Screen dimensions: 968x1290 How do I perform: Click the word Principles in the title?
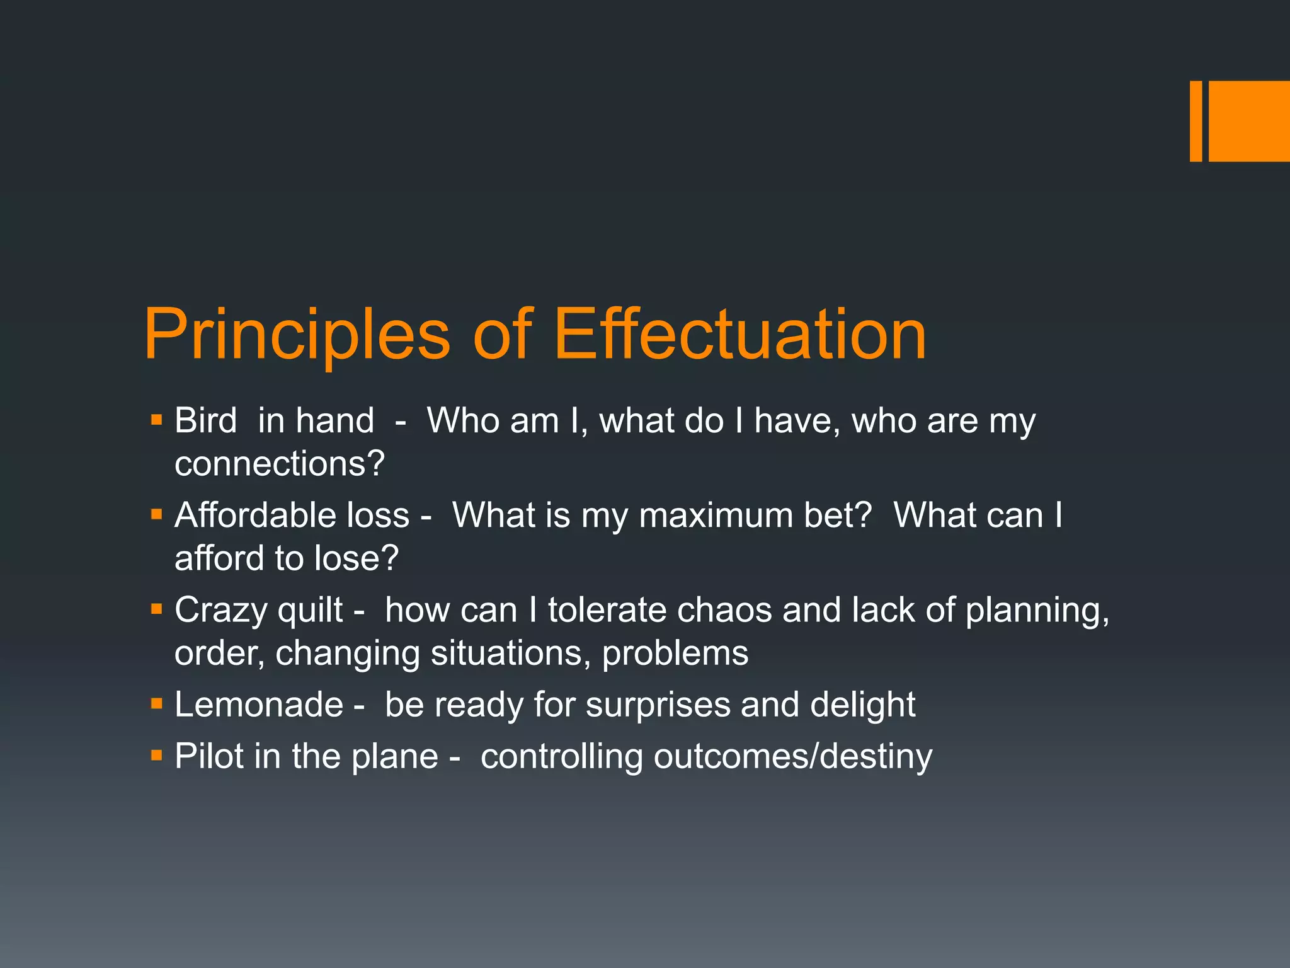(x=297, y=335)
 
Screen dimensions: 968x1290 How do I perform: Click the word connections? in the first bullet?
(x=279, y=464)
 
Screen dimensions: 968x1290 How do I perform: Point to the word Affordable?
(x=246, y=516)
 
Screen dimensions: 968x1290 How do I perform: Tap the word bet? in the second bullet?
(x=838, y=516)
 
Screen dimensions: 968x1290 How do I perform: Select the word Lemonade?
(x=258, y=705)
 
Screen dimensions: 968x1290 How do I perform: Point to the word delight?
(x=862, y=705)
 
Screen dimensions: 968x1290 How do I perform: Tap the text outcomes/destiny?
(x=792, y=756)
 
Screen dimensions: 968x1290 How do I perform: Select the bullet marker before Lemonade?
(x=157, y=703)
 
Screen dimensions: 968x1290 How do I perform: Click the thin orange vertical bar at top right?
(x=1196, y=121)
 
